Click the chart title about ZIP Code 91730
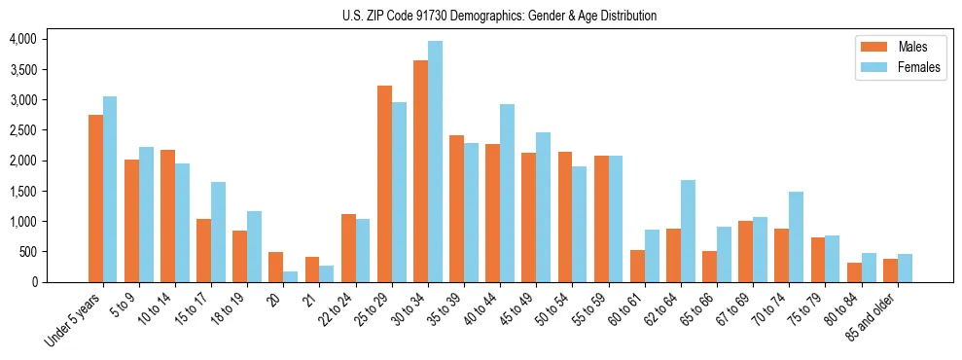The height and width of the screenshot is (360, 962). coord(500,16)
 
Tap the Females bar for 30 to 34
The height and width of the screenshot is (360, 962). coord(435,162)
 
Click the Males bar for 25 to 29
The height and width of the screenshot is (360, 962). coord(384,184)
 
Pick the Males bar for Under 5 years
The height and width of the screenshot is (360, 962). coord(95,198)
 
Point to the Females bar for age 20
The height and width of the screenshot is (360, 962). coord(291,276)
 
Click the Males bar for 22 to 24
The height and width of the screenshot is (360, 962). coord(348,248)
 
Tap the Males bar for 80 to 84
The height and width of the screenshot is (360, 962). coord(854,272)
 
